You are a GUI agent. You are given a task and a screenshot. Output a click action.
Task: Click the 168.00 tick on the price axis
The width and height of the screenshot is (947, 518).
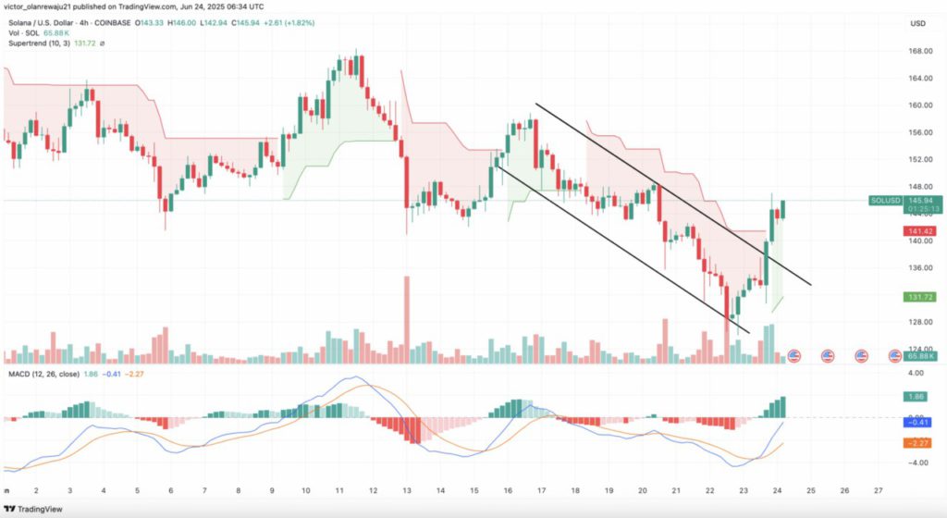point(921,51)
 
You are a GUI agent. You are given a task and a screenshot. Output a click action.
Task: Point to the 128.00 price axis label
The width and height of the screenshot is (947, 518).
point(921,323)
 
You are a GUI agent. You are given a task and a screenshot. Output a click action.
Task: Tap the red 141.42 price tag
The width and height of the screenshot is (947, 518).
point(921,231)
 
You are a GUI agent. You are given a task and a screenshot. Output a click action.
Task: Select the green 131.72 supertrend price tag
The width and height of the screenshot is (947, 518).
point(921,297)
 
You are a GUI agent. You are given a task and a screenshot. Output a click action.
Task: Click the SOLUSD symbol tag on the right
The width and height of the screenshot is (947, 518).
point(884,200)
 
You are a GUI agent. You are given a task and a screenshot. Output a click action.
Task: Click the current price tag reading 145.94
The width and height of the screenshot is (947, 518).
point(921,200)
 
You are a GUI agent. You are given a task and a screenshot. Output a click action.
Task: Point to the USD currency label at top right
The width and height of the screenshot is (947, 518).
point(918,23)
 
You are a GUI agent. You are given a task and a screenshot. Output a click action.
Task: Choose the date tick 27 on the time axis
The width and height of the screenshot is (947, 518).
point(878,489)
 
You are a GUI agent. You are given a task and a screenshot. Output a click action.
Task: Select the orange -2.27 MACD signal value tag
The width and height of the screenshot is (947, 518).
point(921,442)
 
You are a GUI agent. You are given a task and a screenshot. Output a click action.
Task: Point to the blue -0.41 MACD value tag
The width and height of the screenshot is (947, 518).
point(921,422)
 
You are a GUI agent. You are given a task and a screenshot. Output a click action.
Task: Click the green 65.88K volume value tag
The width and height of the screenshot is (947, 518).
point(921,355)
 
